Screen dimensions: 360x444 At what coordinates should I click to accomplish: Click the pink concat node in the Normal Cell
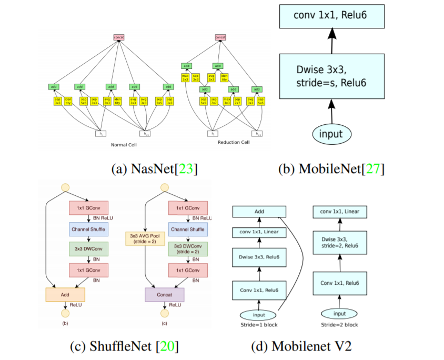(118, 37)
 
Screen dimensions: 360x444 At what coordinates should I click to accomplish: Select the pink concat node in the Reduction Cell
(221, 37)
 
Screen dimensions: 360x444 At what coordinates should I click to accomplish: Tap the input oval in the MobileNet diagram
(331, 134)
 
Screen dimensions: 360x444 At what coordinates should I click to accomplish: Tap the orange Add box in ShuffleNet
(65, 295)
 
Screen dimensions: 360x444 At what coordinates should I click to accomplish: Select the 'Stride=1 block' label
(258, 325)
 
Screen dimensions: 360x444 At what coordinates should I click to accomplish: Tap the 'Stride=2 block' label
(340, 325)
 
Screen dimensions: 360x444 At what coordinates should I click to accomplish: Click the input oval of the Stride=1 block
(258, 315)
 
